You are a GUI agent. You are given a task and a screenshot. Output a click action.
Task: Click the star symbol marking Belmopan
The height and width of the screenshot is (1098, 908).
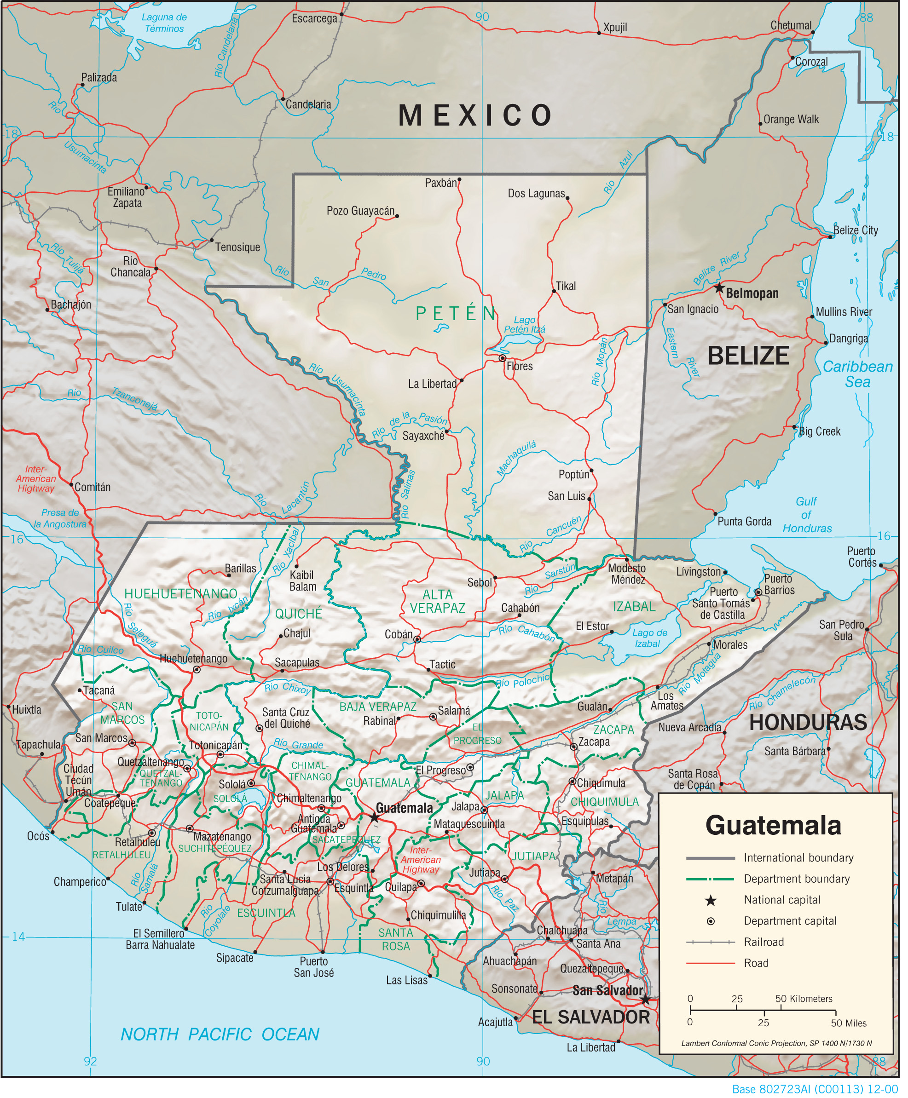point(720,288)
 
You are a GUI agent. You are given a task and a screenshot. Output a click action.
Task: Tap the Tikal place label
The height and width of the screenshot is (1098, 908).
point(566,287)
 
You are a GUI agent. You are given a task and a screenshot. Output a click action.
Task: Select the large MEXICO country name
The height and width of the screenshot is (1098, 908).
point(475,115)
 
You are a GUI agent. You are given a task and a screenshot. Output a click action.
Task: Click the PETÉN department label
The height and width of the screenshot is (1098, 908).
point(456,314)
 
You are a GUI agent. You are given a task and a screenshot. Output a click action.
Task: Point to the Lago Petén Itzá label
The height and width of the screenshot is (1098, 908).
point(525,325)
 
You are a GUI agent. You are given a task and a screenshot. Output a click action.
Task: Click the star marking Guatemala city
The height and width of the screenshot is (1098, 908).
point(375,817)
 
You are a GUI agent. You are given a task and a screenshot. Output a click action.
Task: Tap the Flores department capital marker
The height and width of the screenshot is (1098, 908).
point(502,359)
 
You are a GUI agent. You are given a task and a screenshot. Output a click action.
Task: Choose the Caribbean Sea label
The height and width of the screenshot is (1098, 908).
point(858,374)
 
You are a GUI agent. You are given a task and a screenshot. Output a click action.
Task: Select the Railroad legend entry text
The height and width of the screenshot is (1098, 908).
point(764,942)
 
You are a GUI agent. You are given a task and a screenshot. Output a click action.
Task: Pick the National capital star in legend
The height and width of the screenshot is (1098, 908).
point(711,900)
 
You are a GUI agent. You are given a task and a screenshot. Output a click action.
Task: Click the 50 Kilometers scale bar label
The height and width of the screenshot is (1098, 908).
point(804,999)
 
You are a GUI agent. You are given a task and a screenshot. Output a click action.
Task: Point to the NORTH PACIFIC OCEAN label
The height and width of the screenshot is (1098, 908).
point(220,1034)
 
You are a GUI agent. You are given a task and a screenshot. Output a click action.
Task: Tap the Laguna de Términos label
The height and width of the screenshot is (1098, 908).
point(164,23)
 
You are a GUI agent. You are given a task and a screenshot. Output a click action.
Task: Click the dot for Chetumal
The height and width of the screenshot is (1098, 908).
point(813,32)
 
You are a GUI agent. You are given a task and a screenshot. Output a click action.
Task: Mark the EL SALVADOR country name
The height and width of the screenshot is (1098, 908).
point(591,1017)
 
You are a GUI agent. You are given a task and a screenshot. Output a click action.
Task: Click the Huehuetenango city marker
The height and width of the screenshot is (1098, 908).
point(197,670)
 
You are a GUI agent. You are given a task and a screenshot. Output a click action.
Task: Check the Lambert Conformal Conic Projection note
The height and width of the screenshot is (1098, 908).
point(777,1043)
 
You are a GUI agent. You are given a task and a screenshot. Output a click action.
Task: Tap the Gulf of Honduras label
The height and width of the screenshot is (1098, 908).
point(807,515)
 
